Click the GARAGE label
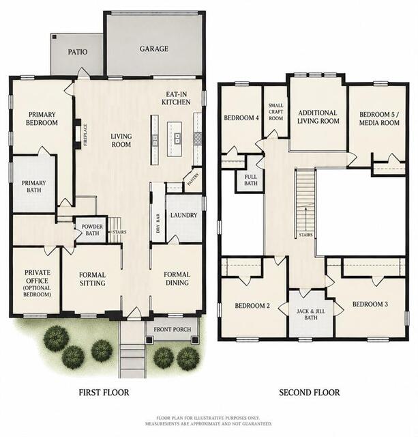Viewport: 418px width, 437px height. (x=154, y=48)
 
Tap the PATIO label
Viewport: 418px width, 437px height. (x=78, y=52)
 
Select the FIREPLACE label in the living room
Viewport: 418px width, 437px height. (x=86, y=135)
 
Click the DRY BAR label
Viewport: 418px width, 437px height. (x=158, y=223)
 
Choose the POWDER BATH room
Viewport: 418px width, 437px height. (x=92, y=229)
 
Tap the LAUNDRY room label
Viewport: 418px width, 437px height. (x=183, y=215)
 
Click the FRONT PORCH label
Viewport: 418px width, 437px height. (x=173, y=329)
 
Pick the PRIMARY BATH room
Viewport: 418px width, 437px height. (x=33, y=186)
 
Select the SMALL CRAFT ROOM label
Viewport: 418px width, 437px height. (x=275, y=112)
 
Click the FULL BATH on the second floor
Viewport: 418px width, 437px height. (x=251, y=180)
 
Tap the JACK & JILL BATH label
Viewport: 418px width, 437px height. (x=311, y=314)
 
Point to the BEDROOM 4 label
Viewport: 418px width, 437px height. (x=241, y=118)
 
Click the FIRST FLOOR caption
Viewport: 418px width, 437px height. (x=104, y=393)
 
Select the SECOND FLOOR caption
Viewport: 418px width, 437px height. (x=310, y=393)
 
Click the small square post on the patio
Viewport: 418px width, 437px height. (x=55, y=36)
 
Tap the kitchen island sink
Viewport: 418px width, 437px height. (x=177, y=139)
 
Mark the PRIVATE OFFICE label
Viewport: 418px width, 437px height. (x=37, y=283)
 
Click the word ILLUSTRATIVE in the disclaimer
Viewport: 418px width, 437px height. (x=214, y=418)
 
